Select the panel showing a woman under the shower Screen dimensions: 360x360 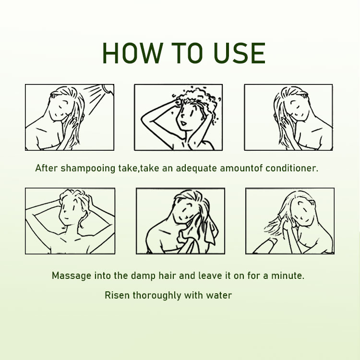point(70,118)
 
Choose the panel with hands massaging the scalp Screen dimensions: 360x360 point(70,221)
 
